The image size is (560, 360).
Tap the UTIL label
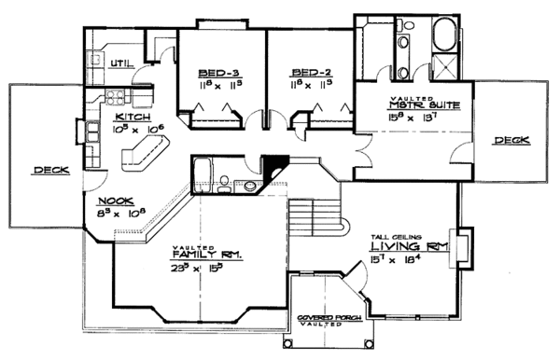(121, 63)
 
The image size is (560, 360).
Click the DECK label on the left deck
(48, 170)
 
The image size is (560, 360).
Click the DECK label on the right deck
(511, 140)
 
